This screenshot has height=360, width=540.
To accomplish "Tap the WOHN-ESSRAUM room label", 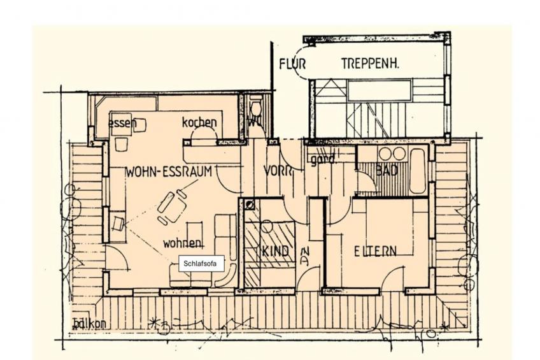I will [x=169, y=171].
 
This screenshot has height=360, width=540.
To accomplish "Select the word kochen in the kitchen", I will [x=199, y=122].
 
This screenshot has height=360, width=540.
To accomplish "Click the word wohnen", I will [x=183, y=243].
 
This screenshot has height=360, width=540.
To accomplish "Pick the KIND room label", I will [x=275, y=251].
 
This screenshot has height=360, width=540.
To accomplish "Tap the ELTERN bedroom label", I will [x=375, y=251].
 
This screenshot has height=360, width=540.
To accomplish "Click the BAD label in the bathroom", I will [x=387, y=171].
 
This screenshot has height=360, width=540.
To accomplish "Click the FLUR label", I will [x=292, y=64].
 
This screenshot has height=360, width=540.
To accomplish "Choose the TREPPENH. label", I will [x=370, y=64].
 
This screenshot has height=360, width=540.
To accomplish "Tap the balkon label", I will [x=89, y=323].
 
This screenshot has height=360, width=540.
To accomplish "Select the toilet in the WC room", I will [x=256, y=108].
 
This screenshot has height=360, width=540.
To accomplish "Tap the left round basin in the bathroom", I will [x=385, y=154].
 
